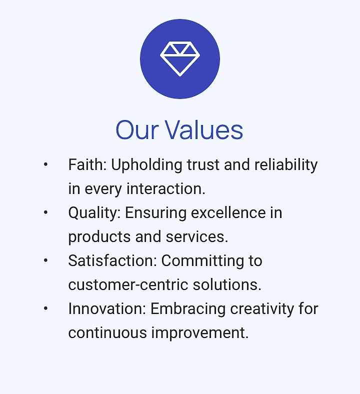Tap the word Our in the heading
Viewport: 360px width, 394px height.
[137, 130]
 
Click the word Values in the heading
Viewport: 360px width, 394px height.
[204, 129]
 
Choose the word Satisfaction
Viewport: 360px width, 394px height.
[112, 260]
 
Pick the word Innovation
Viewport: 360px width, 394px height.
[107, 308]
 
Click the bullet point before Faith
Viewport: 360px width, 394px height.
[45, 165]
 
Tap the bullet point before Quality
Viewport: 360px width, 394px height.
[45, 212]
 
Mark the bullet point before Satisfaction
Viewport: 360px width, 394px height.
[45, 260]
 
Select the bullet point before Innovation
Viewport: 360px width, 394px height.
[45, 308]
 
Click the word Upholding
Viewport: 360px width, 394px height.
[146, 165]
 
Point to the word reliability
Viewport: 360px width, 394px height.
[286, 165]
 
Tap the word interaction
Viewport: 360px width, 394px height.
[166, 188]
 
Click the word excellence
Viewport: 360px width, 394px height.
[228, 212]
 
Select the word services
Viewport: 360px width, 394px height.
[197, 236]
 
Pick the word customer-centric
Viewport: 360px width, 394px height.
[128, 284]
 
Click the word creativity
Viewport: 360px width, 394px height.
[262, 309]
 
